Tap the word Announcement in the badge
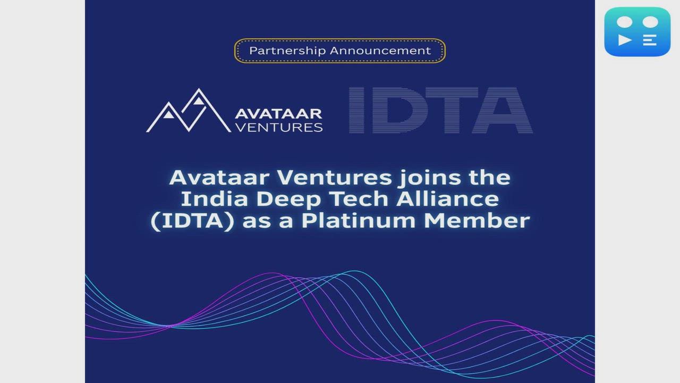[x=380, y=51]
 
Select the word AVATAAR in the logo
[x=278, y=114]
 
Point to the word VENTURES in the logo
[x=278, y=127]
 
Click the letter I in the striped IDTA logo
[x=357, y=111]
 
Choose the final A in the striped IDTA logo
[x=500, y=111]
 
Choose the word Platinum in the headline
[x=363, y=221]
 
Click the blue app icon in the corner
[x=637, y=31]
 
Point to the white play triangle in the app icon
[x=625, y=40]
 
